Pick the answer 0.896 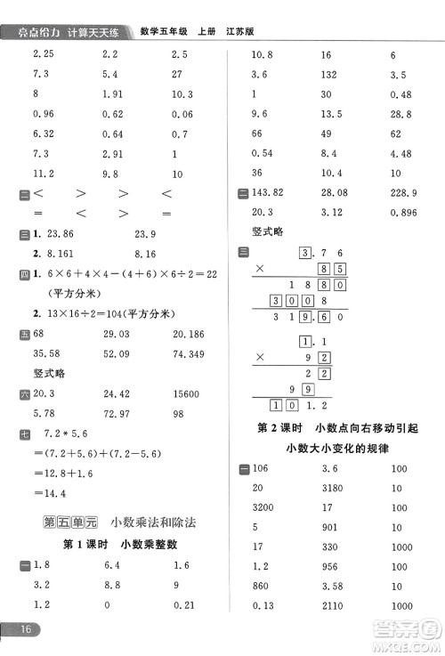tap(405, 212)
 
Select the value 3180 tap(333, 488)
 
